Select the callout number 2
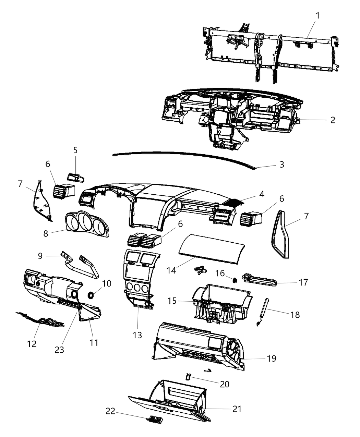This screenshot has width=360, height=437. coord(332,120)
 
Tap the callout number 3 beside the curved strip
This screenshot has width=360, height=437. coord(281,165)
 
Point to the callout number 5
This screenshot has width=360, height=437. coord(75,150)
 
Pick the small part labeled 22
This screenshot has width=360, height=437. coord(155,419)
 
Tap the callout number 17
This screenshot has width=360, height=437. coord(303,282)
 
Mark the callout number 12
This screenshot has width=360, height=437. coord(32,343)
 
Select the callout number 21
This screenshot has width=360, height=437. coord(237,409)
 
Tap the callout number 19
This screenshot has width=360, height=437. coord(271,359)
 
